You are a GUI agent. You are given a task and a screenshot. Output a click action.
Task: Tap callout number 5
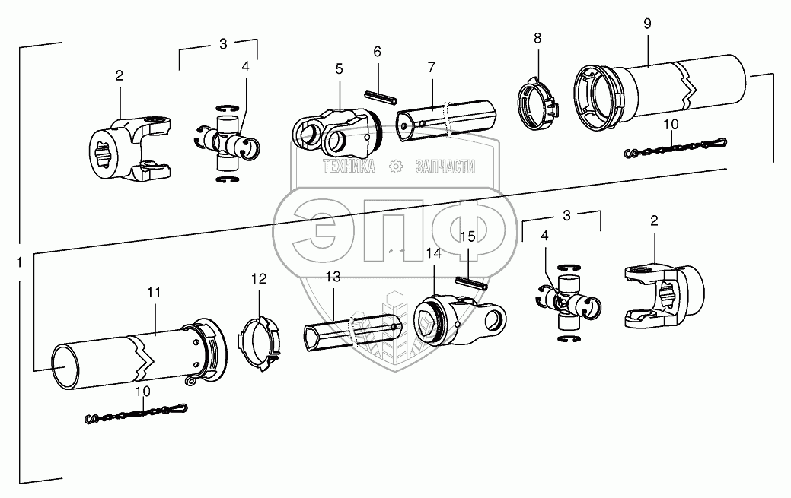tap(340, 68)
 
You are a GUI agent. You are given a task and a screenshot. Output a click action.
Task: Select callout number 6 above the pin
tap(377, 52)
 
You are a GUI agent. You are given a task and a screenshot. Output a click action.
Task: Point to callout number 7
tap(431, 68)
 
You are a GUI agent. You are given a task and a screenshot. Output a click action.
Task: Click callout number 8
tap(537, 37)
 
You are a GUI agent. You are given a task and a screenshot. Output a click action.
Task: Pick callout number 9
tap(647, 24)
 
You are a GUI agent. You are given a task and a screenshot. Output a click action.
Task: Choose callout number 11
tap(155, 291)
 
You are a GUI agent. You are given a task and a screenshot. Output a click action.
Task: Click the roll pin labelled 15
tap(472, 281)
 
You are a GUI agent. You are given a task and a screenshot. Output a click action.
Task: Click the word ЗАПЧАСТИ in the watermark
tap(445, 167)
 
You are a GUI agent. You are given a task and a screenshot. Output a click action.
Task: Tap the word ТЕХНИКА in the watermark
tap(349, 167)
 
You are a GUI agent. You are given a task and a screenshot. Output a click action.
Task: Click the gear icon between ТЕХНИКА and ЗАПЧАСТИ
tap(395, 167)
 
